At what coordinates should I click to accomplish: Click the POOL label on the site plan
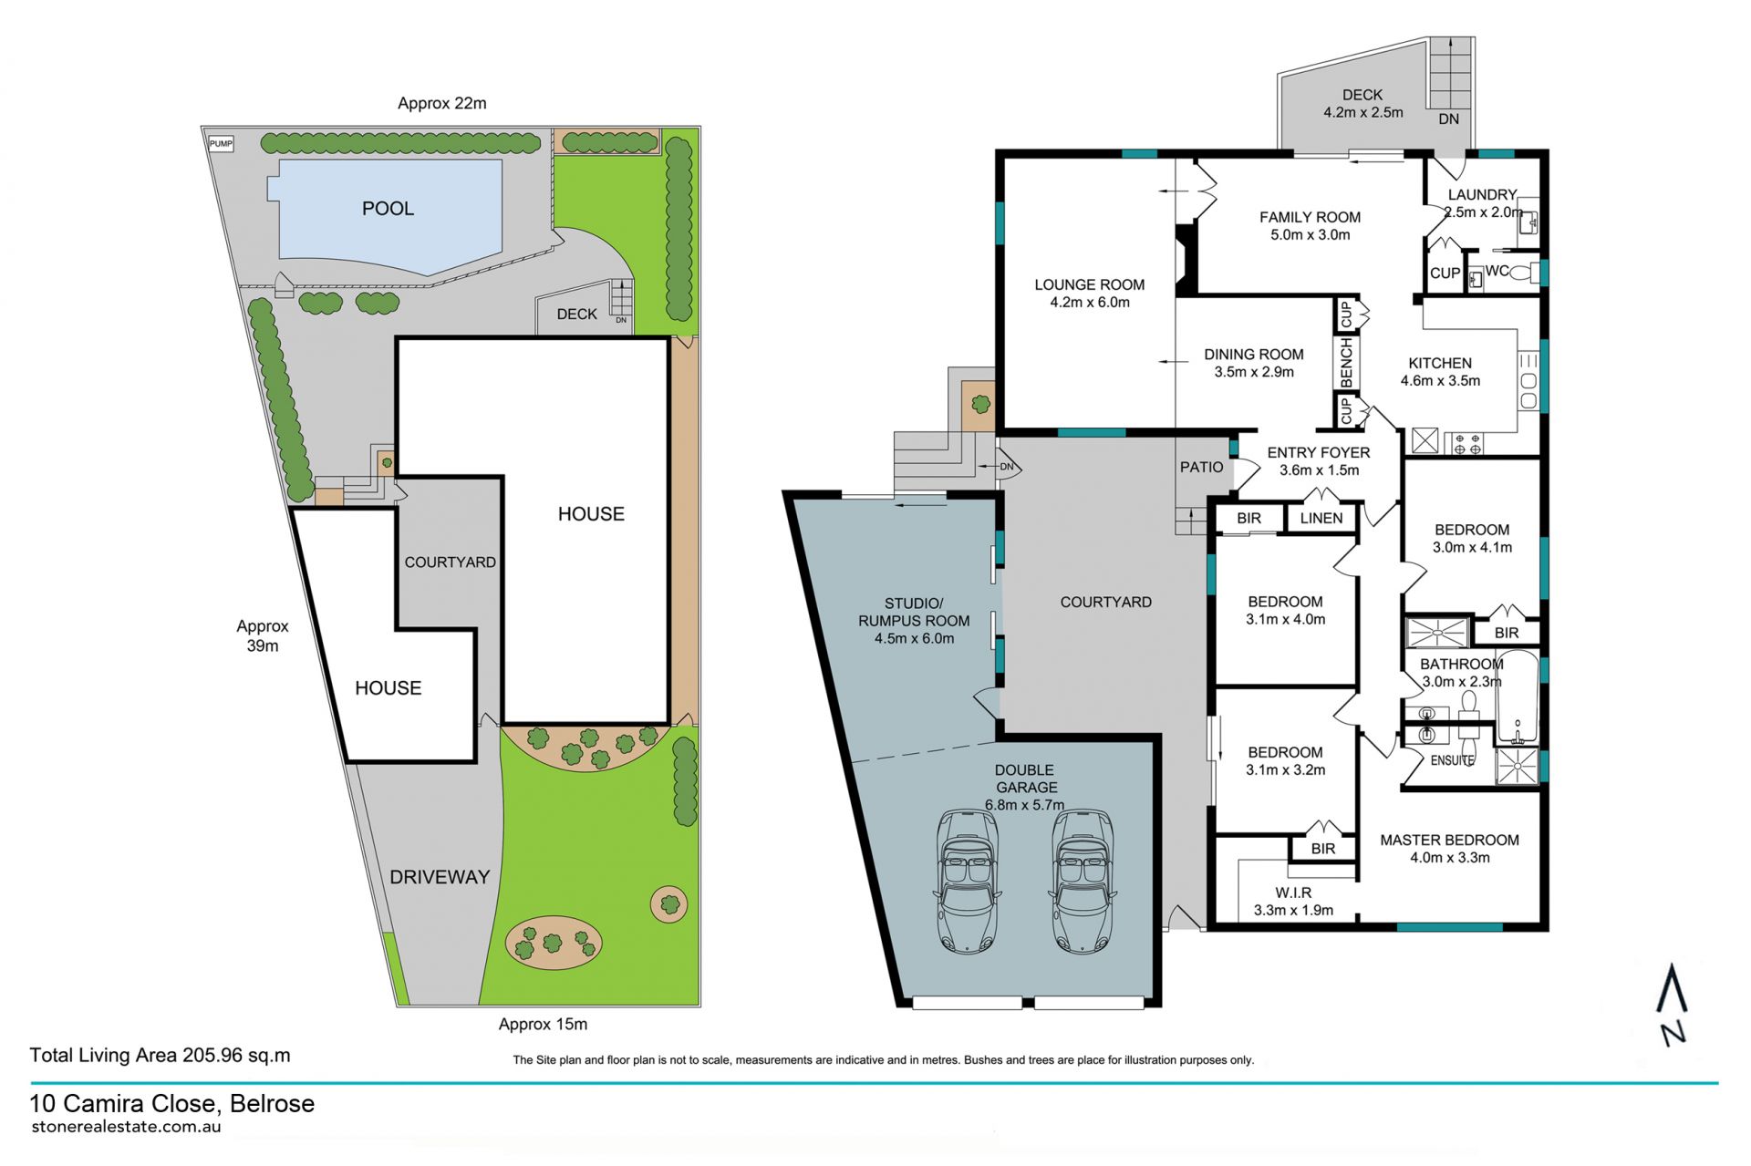pos(388,208)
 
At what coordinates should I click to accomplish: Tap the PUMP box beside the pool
pos(221,143)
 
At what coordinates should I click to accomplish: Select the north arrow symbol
pos(1672,1003)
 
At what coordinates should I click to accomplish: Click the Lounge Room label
pos(1089,284)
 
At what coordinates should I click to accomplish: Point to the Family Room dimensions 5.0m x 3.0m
pos(1310,234)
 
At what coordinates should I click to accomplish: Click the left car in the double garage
pos(968,882)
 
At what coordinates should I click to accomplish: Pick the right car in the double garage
pos(1083,882)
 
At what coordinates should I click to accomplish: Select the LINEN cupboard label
pos(1321,518)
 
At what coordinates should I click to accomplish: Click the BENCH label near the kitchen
pos(1346,362)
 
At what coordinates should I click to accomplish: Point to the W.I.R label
pos(1293,893)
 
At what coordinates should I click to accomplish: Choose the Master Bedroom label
pos(1449,840)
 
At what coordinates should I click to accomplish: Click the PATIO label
pos(1201,467)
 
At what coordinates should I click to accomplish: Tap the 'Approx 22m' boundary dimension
pos(441,103)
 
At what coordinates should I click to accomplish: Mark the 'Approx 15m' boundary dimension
pos(543,1024)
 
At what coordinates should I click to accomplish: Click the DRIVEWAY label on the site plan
pos(440,877)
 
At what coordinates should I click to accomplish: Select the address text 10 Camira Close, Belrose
pos(172,1103)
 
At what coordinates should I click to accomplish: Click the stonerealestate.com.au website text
pos(126,1126)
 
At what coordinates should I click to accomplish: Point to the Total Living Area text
pos(160,1055)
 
